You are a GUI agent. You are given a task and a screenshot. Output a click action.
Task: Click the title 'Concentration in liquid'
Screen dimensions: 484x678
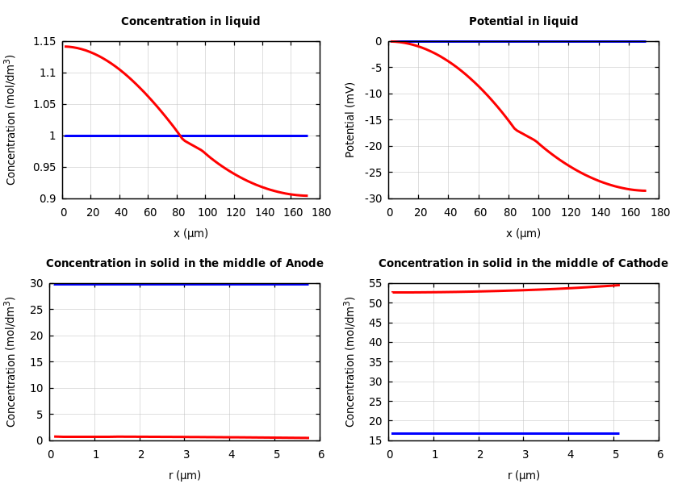(x=190, y=22)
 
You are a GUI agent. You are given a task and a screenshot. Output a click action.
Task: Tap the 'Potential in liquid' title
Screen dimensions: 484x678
(x=523, y=22)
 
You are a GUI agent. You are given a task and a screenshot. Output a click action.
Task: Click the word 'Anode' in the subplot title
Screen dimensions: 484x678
(x=304, y=264)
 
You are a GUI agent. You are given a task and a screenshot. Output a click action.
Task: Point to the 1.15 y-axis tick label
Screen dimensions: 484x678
(x=44, y=41)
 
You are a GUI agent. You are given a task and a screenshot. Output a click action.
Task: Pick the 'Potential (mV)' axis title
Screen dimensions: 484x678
(x=350, y=119)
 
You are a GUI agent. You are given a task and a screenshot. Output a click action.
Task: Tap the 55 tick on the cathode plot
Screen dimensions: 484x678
(x=375, y=283)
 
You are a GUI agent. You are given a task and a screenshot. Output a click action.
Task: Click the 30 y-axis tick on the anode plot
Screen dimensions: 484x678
(x=36, y=283)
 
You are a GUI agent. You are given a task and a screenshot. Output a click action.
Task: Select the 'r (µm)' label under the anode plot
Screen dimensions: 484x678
(x=185, y=475)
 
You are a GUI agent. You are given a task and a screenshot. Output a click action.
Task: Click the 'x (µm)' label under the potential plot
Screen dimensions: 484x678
(x=523, y=233)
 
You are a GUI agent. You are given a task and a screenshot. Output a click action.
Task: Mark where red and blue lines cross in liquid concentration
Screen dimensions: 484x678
(x=179, y=136)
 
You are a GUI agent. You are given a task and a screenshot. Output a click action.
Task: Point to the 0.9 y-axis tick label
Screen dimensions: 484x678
(x=48, y=198)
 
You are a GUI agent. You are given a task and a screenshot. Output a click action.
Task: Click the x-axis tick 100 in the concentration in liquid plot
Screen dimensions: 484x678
(x=207, y=213)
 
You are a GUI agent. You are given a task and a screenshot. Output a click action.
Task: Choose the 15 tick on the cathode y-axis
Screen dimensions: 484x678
(x=375, y=440)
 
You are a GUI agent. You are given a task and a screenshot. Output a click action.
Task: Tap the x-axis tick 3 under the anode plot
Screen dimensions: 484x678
(x=186, y=455)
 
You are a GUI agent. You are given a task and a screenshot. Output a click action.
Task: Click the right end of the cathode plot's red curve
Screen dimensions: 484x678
(x=619, y=285)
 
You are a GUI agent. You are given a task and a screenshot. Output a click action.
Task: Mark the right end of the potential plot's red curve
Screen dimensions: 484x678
(x=645, y=191)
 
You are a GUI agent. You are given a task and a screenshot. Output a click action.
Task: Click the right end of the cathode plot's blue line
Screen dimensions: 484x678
(x=618, y=433)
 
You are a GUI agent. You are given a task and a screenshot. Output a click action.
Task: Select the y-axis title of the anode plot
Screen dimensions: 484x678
(x=11, y=361)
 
